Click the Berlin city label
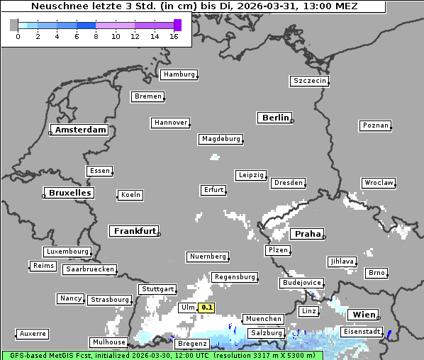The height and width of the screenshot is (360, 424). tap(275, 118)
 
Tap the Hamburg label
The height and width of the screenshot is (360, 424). tap(178, 74)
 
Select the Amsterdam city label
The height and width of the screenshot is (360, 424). tap(80, 130)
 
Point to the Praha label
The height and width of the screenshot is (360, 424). tap(308, 234)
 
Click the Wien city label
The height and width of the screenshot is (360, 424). tap(363, 314)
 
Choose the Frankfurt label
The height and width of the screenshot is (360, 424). tap(135, 231)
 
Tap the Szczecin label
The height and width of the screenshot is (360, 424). tap(310, 81)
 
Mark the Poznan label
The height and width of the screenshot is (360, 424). tap(375, 125)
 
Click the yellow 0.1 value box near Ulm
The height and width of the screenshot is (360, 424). tap(206, 308)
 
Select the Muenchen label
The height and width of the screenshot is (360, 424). tap(263, 319)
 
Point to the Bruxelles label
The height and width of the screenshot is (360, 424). tap(69, 193)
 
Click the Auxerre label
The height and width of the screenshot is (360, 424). tap(33, 333)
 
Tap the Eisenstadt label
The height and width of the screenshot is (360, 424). tap(362, 332)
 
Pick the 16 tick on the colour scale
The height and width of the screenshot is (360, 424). tap(174, 36)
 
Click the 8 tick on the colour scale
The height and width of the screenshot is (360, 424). tap(96, 36)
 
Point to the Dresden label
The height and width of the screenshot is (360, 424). tap(289, 183)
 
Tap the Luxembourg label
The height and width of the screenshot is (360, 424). tap(67, 252)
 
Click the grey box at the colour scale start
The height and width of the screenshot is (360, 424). tap(14, 25)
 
